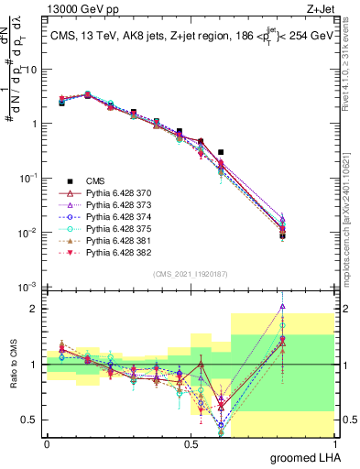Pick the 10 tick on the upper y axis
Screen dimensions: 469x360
tap(32, 69)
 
